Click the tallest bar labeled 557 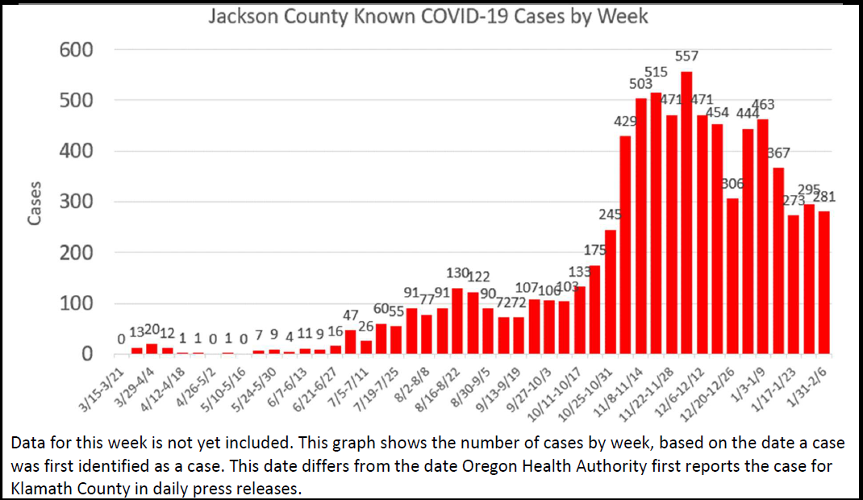686,213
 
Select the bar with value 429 625,245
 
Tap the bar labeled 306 732,276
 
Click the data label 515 656,72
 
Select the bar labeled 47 350,342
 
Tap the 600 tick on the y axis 77,50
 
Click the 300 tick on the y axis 77,202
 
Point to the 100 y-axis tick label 77,304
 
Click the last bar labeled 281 824,282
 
